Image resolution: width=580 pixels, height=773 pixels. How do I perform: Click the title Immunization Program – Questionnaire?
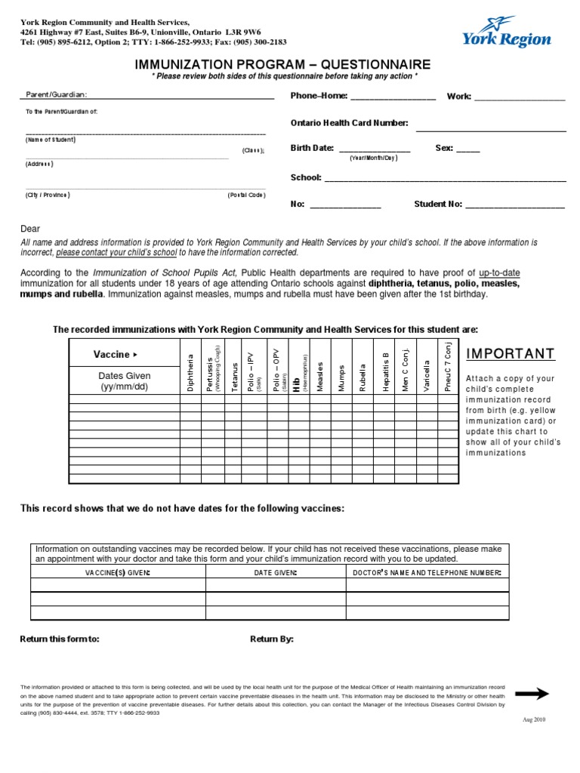282,66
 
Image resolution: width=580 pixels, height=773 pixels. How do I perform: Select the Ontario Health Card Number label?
349,123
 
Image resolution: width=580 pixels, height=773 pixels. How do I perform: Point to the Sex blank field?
467,149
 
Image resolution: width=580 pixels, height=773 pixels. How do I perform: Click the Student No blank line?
514,205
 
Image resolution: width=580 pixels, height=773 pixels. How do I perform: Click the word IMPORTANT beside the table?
511,355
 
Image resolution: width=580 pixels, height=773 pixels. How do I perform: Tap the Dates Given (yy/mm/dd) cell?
125,381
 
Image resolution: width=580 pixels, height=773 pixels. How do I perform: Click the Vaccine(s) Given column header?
118,573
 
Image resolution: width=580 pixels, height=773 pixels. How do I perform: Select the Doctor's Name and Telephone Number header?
427,573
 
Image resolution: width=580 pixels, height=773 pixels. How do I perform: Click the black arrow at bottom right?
531,693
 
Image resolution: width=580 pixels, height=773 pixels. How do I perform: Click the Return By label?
272,639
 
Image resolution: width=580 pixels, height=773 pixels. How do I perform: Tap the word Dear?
30,229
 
